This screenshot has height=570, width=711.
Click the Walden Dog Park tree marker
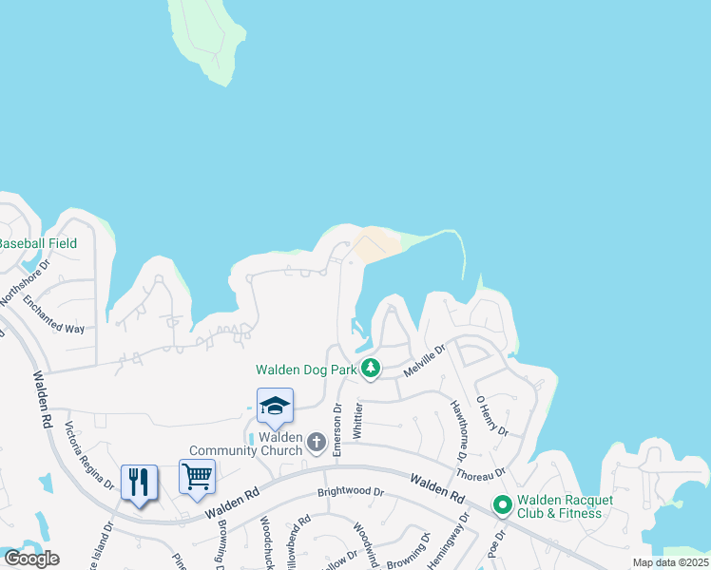point(372,369)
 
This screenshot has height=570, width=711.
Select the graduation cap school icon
point(275,407)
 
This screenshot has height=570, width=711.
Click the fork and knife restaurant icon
point(139,483)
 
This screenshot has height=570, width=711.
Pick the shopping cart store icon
point(197,476)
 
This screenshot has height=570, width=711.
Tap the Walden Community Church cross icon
point(317,442)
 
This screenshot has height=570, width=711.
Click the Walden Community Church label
point(245,444)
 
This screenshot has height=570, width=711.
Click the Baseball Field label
point(38,243)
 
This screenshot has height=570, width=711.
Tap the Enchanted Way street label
point(53,315)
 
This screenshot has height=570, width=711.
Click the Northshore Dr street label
point(24,285)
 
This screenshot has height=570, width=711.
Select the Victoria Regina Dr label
point(90,457)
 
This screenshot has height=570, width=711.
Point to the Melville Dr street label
point(424,362)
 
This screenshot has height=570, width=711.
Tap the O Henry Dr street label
point(493,417)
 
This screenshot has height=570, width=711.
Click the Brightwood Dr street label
point(351,493)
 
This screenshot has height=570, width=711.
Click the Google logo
point(31,558)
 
